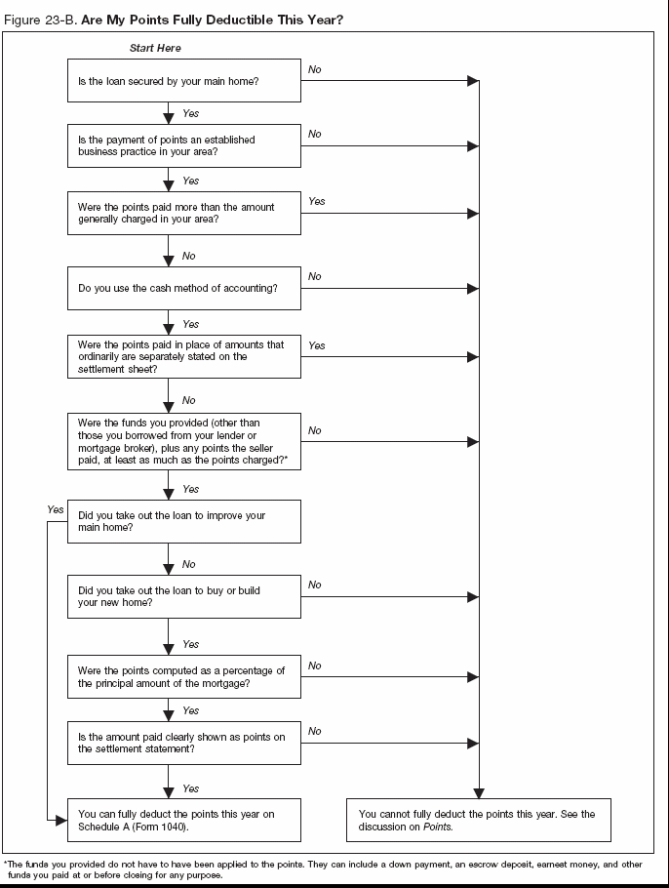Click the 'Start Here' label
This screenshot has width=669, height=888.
click(155, 48)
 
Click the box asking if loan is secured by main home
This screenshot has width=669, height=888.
click(184, 81)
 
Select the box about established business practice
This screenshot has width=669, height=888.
click(184, 145)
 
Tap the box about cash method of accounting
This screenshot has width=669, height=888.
click(184, 289)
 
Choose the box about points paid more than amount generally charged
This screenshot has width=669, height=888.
click(184, 213)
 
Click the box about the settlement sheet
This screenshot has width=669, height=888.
click(184, 356)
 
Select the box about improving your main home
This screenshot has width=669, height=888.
click(184, 521)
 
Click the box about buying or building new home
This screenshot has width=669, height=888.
click(184, 596)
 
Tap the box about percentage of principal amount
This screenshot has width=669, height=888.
click(184, 675)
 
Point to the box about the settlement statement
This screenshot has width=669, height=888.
click(184, 743)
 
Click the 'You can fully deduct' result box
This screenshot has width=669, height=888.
click(184, 820)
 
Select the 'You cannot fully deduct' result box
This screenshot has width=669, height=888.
click(478, 820)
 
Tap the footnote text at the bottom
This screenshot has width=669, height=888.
click(322, 869)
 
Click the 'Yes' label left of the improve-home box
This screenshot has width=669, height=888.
click(55, 509)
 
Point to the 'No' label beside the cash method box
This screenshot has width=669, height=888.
click(315, 277)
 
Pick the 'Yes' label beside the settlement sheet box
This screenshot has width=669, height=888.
click(317, 345)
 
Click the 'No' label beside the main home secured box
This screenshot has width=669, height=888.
click(315, 70)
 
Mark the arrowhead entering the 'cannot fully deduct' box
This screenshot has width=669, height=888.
click(478, 792)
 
